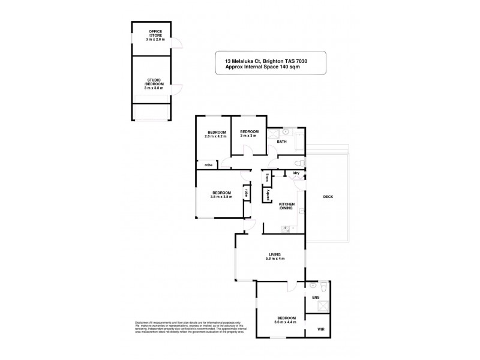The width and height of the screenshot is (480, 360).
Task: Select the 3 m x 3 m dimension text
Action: click(249, 136)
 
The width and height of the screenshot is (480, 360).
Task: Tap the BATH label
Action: click(282, 142)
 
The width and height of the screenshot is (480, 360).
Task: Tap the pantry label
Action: click(260, 196)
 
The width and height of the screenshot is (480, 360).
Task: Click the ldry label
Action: click(296, 173)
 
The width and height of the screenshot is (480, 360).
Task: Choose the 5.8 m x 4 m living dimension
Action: click(274, 259)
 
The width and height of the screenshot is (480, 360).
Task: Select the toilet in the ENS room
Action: click(323, 286)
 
